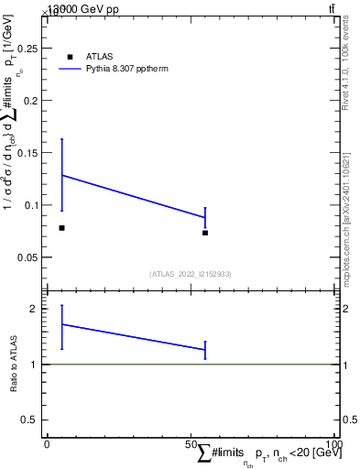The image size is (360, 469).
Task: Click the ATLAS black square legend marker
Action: [x=70, y=57]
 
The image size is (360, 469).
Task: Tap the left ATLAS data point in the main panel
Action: [x=61, y=227]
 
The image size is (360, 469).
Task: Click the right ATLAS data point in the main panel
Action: [x=205, y=233]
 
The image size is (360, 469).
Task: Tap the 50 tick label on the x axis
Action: [x=191, y=444]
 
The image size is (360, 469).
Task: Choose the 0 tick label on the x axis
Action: [x=47, y=444]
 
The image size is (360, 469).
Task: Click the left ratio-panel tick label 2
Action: [x=34, y=309]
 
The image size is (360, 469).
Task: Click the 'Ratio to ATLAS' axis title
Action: [x=14, y=365]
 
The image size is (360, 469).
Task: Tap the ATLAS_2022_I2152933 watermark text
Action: [x=191, y=273]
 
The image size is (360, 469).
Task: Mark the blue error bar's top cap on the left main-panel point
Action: [x=61, y=138]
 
